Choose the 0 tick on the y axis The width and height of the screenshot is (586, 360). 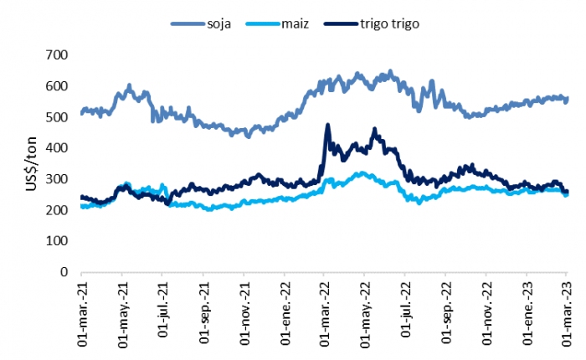(x=63, y=272)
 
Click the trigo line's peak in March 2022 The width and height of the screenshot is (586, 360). (x=327, y=126)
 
